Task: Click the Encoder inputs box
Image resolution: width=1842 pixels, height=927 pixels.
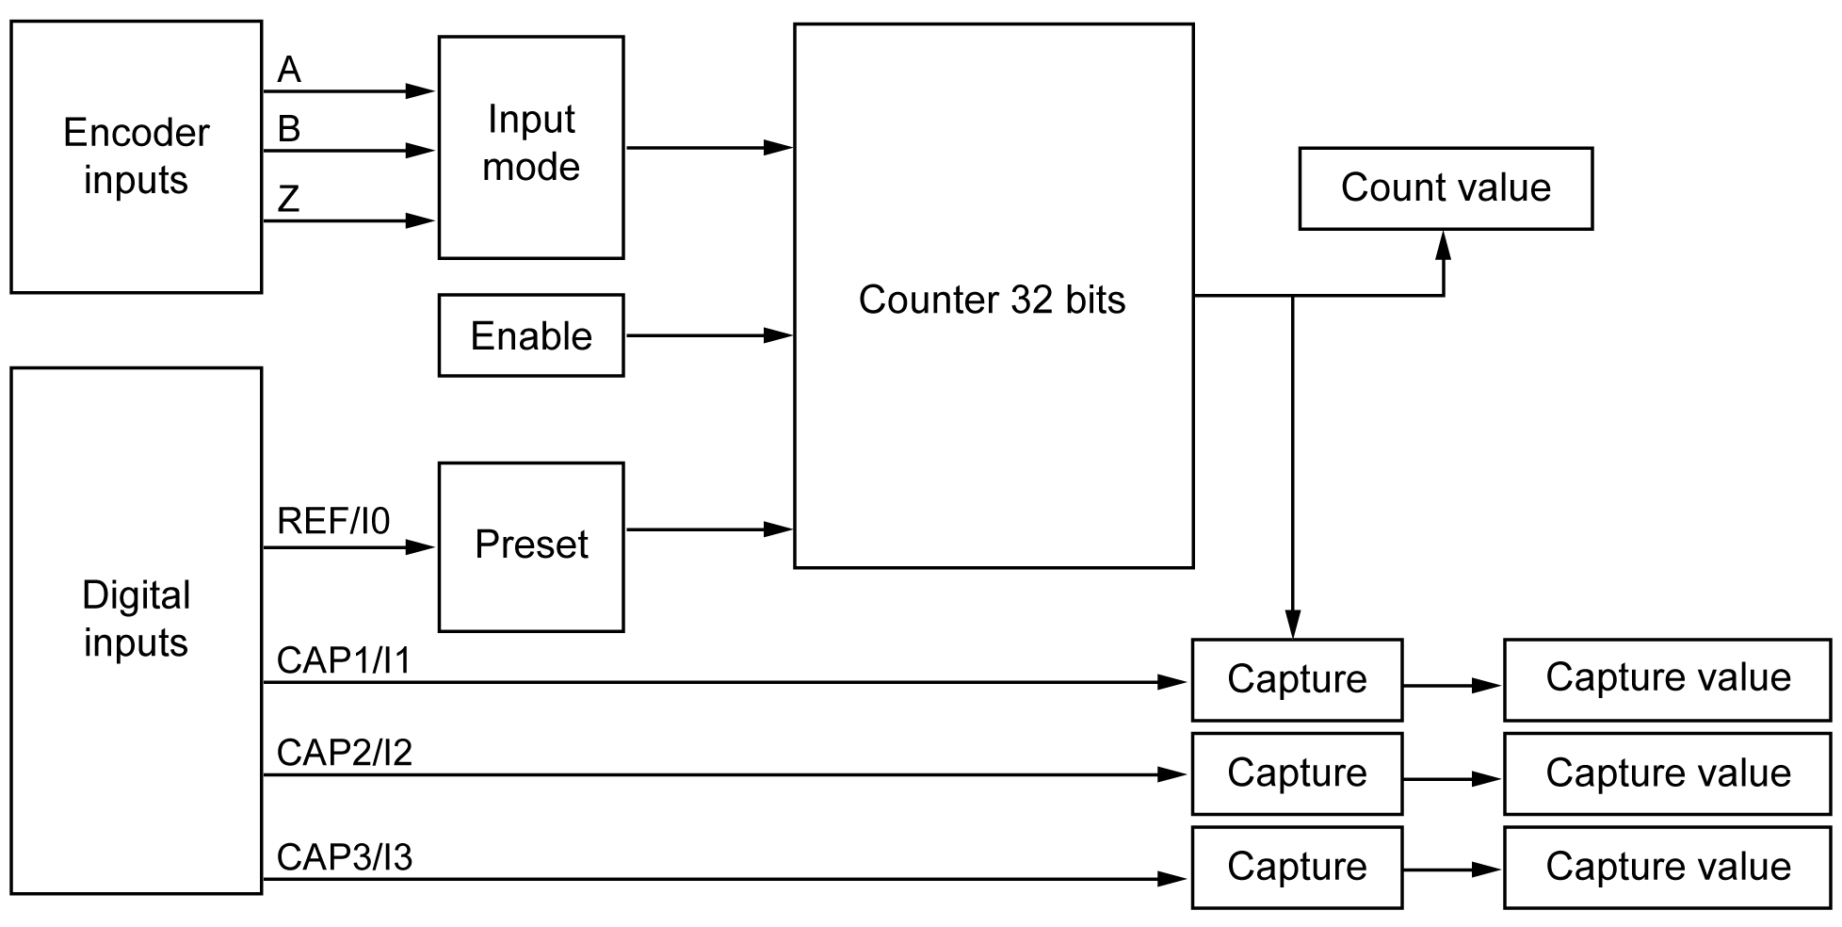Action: (136, 156)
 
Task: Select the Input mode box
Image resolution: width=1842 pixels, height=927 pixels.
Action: (530, 147)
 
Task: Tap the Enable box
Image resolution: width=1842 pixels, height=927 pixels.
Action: (530, 335)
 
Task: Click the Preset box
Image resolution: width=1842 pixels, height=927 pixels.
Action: (530, 546)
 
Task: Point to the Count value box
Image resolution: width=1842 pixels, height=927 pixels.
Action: (1445, 187)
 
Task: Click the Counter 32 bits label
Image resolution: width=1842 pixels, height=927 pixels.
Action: (992, 300)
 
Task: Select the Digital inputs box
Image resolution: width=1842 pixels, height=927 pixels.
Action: (136, 629)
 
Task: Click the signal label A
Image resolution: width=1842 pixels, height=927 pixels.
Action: (289, 71)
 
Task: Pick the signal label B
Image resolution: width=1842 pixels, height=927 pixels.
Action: (289, 129)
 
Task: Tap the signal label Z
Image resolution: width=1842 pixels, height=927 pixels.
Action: (289, 199)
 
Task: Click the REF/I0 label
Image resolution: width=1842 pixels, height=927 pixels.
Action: (333, 521)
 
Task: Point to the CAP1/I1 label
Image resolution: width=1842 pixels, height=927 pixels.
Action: (344, 661)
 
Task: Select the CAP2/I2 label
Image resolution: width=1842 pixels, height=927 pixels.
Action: (344, 753)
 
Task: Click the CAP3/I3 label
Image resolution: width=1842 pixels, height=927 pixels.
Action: (344, 857)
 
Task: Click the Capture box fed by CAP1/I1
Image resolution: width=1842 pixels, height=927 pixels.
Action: (1297, 679)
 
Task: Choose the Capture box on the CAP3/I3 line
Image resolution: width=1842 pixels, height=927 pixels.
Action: (1297, 867)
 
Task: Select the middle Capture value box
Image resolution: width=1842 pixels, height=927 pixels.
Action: (1667, 773)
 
